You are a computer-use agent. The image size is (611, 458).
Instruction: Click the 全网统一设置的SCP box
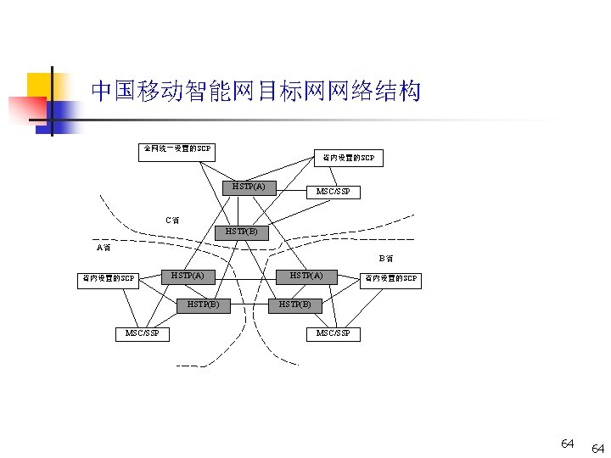click(x=177, y=151)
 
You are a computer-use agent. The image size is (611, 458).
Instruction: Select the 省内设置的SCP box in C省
click(x=348, y=158)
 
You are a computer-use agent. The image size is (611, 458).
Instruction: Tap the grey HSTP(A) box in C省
click(x=249, y=187)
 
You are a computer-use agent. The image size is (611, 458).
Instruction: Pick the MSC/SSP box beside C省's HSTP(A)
click(x=333, y=192)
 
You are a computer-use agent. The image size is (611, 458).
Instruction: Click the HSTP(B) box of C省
click(x=241, y=232)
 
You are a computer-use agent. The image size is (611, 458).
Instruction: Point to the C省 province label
click(x=172, y=221)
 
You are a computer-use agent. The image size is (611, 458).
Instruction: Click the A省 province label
click(x=104, y=249)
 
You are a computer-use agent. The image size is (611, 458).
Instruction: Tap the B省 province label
click(x=385, y=258)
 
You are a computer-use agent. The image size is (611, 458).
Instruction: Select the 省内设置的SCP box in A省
click(x=107, y=278)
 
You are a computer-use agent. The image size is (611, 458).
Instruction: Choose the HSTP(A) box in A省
click(x=188, y=276)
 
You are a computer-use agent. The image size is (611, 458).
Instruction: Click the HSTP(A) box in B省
click(x=307, y=276)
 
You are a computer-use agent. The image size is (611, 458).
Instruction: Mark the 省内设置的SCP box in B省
click(x=390, y=278)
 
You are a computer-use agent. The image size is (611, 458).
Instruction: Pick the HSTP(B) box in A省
click(x=204, y=304)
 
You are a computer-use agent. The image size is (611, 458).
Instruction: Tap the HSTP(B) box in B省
click(x=294, y=304)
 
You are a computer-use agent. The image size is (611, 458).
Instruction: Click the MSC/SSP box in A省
click(x=142, y=333)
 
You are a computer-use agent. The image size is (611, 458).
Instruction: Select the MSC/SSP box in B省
click(x=333, y=333)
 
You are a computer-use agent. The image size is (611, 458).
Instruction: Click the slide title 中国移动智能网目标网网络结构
click(x=255, y=92)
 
